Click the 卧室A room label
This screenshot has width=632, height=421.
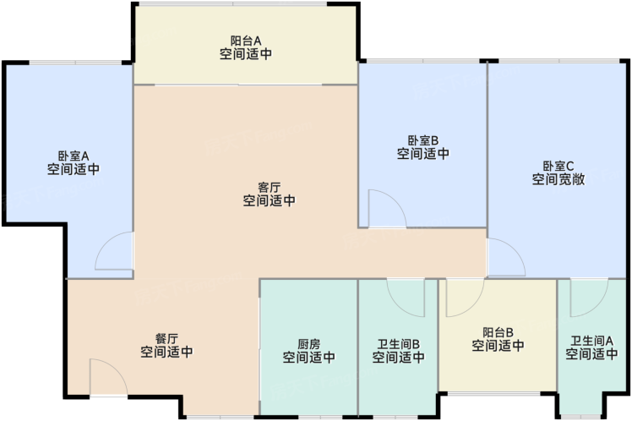pyautogui.click(x=74, y=156)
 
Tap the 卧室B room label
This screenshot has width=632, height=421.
pyautogui.click(x=423, y=140)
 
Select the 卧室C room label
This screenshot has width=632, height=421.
pyautogui.click(x=558, y=167)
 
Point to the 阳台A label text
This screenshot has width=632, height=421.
pyautogui.click(x=246, y=41)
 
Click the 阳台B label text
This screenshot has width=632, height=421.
pyautogui.click(x=499, y=333)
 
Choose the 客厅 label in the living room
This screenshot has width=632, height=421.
pyautogui.click(x=270, y=188)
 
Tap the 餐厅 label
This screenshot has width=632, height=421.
pyautogui.click(x=166, y=339)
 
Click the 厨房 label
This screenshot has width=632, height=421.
pyautogui.click(x=308, y=344)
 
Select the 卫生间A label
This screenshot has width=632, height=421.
pyautogui.click(x=591, y=342)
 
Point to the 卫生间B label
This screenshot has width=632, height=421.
pyautogui.click(x=398, y=344)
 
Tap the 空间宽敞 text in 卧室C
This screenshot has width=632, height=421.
pyautogui.click(x=558, y=179)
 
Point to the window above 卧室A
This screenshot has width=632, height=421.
pyautogui.click(x=75, y=63)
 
